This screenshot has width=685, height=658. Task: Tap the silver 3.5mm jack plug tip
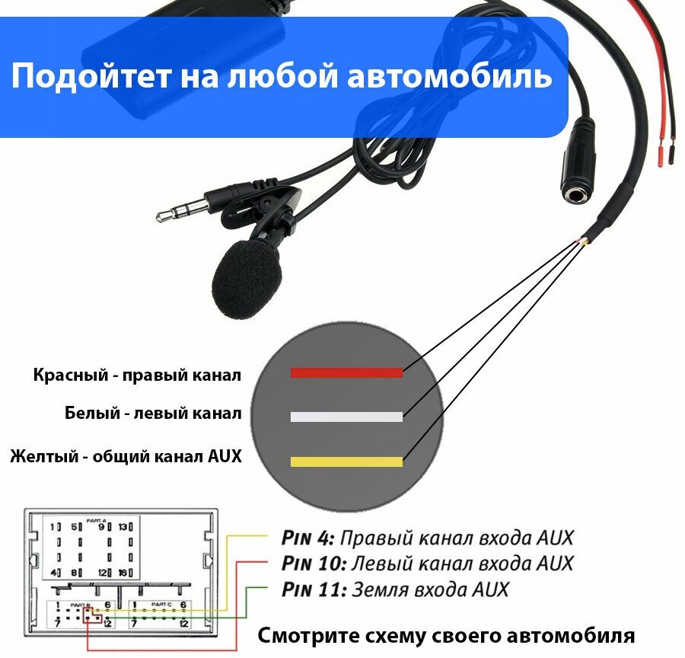point(164,215)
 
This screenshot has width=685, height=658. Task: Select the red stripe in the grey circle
point(346,372)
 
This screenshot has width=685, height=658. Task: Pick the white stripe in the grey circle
point(346,417)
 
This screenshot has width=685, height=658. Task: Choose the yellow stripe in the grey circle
point(346,462)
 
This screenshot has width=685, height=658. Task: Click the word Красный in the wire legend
point(64,375)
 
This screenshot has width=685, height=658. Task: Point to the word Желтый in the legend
point(43,457)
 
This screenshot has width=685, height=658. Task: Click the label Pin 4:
point(307,538)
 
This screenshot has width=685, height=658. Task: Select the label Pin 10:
point(313,564)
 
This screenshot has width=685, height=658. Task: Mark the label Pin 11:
point(313,590)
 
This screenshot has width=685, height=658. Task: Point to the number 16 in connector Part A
point(123,573)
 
